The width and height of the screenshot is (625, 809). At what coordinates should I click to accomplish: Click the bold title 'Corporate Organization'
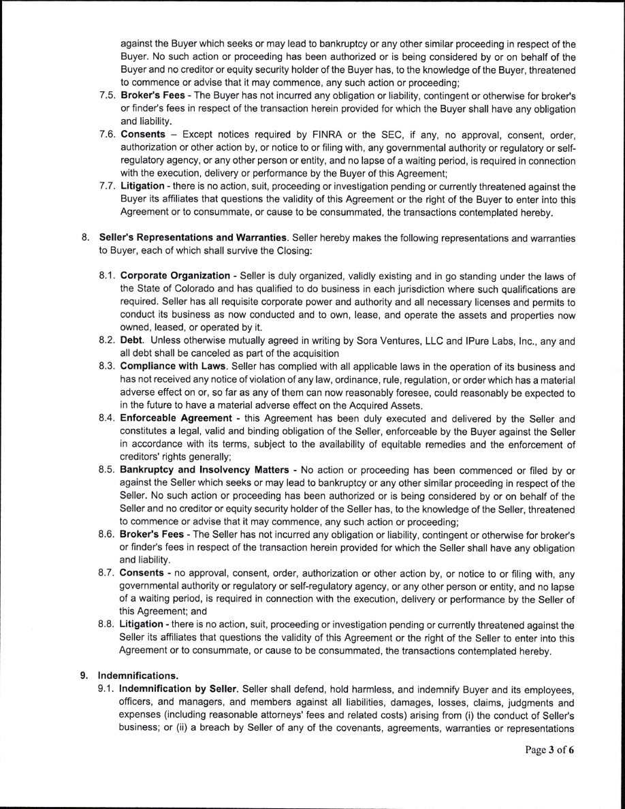pos(175,275)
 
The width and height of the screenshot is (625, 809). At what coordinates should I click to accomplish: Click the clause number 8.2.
pos(108,340)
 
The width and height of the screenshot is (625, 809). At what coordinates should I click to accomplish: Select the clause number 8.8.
pos(108,624)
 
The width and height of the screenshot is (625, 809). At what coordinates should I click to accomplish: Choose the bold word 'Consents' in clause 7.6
pos(143,134)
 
